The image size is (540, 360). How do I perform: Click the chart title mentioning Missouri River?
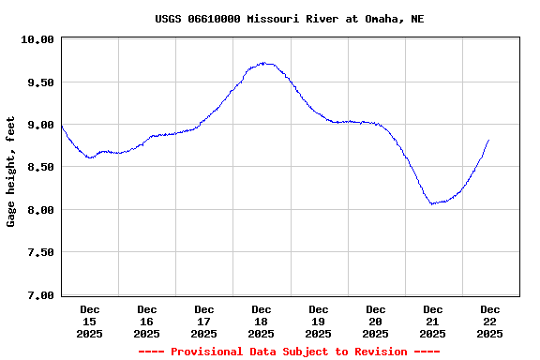click(289, 19)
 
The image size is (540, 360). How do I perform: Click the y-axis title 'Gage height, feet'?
click(11, 172)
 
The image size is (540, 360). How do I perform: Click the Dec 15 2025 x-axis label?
click(90, 321)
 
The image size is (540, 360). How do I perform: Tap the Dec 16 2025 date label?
click(147, 321)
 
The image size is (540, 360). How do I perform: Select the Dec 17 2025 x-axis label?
click(204, 321)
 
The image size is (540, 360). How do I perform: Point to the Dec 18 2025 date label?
click(262, 321)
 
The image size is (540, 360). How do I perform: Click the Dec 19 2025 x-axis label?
click(319, 321)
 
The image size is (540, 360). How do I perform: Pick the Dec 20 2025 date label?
click(376, 321)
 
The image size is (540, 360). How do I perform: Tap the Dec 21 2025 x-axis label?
click(433, 321)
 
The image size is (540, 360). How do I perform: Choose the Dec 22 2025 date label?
click(490, 321)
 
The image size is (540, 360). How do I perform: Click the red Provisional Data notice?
click(289, 352)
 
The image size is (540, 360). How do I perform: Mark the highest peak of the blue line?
click(265, 63)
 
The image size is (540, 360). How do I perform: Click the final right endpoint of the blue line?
click(488, 140)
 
